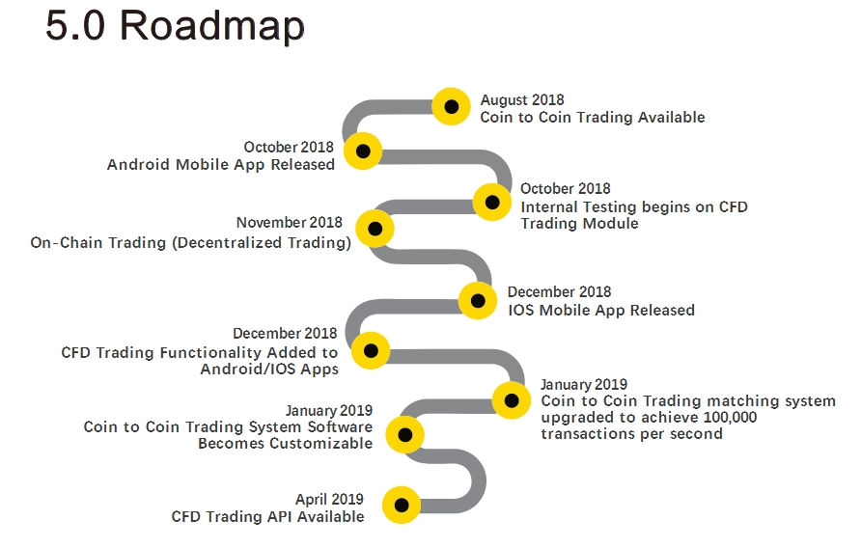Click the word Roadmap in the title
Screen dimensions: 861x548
pos(212,26)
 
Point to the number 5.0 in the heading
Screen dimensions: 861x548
pos(75,25)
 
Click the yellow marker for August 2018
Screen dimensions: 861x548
pos(452,106)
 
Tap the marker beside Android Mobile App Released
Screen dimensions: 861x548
pos(363,151)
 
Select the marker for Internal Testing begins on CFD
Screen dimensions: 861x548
pos(492,202)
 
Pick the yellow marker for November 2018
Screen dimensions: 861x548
pos(375,229)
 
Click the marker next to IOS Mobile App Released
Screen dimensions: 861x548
pos(478,300)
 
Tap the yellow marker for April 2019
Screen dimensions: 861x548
pos(402,505)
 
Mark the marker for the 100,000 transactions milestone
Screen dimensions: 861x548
pos(512,400)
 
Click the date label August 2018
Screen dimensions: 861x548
pos(522,100)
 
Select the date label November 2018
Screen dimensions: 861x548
pos(290,223)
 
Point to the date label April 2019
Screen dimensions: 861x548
pos(329,499)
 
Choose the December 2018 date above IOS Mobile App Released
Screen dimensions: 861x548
pos(559,291)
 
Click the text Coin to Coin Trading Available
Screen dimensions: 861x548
pos(593,118)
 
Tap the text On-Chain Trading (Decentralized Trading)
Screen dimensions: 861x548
pos(190,243)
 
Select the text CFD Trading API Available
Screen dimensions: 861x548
pos(268,517)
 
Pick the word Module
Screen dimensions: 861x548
pos(610,224)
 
